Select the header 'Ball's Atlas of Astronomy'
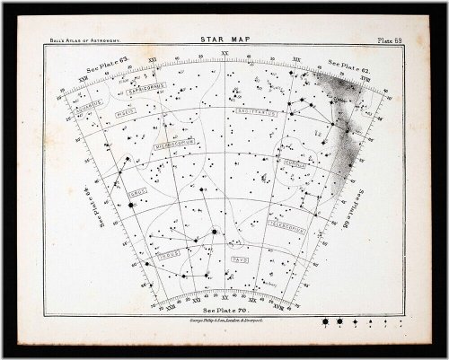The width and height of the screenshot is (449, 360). [84, 41]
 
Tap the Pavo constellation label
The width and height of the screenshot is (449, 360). [239, 258]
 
